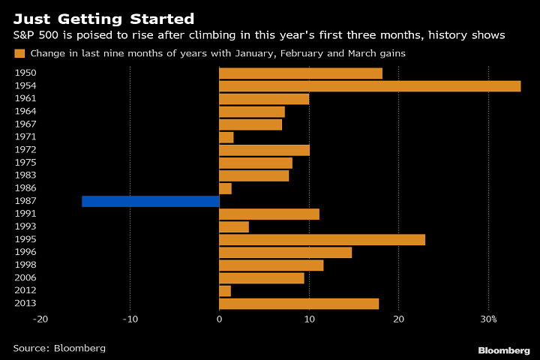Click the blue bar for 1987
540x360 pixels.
pyautogui.click(x=151, y=201)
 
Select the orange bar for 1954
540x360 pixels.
pyautogui.click(x=370, y=86)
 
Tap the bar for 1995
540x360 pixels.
pyautogui.click(x=322, y=239)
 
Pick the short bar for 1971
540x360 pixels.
pyautogui.click(x=226, y=137)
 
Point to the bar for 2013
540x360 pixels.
pyautogui.click(x=298, y=303)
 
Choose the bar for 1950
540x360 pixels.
pyautogui.click(x=301, y=73)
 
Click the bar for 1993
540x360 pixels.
pyautogui.click(x=234, y=226)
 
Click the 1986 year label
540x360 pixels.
pyautogui.click(x=25, y=188)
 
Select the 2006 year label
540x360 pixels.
pyautogui.click(x=25, y=277)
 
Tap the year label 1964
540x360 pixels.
pyautogui.click(x=25, y=112)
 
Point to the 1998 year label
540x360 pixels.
pyautogui.click(x=25, y=265)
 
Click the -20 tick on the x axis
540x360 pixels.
pyautogui.click(x=40, y=319)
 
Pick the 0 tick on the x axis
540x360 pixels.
pyautogui.click(x=219, y=319)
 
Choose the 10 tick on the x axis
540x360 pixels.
pyautogui.click(x=309, y=319)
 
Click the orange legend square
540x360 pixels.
pyautogui.click(x=19, y=53)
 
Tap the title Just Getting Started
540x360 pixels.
pyautogui.click(x=103, y=19)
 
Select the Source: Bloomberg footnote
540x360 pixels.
pyautogui.click(x=59, y=348)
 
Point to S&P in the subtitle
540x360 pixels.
pyautogui.click(x=24, y=36)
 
